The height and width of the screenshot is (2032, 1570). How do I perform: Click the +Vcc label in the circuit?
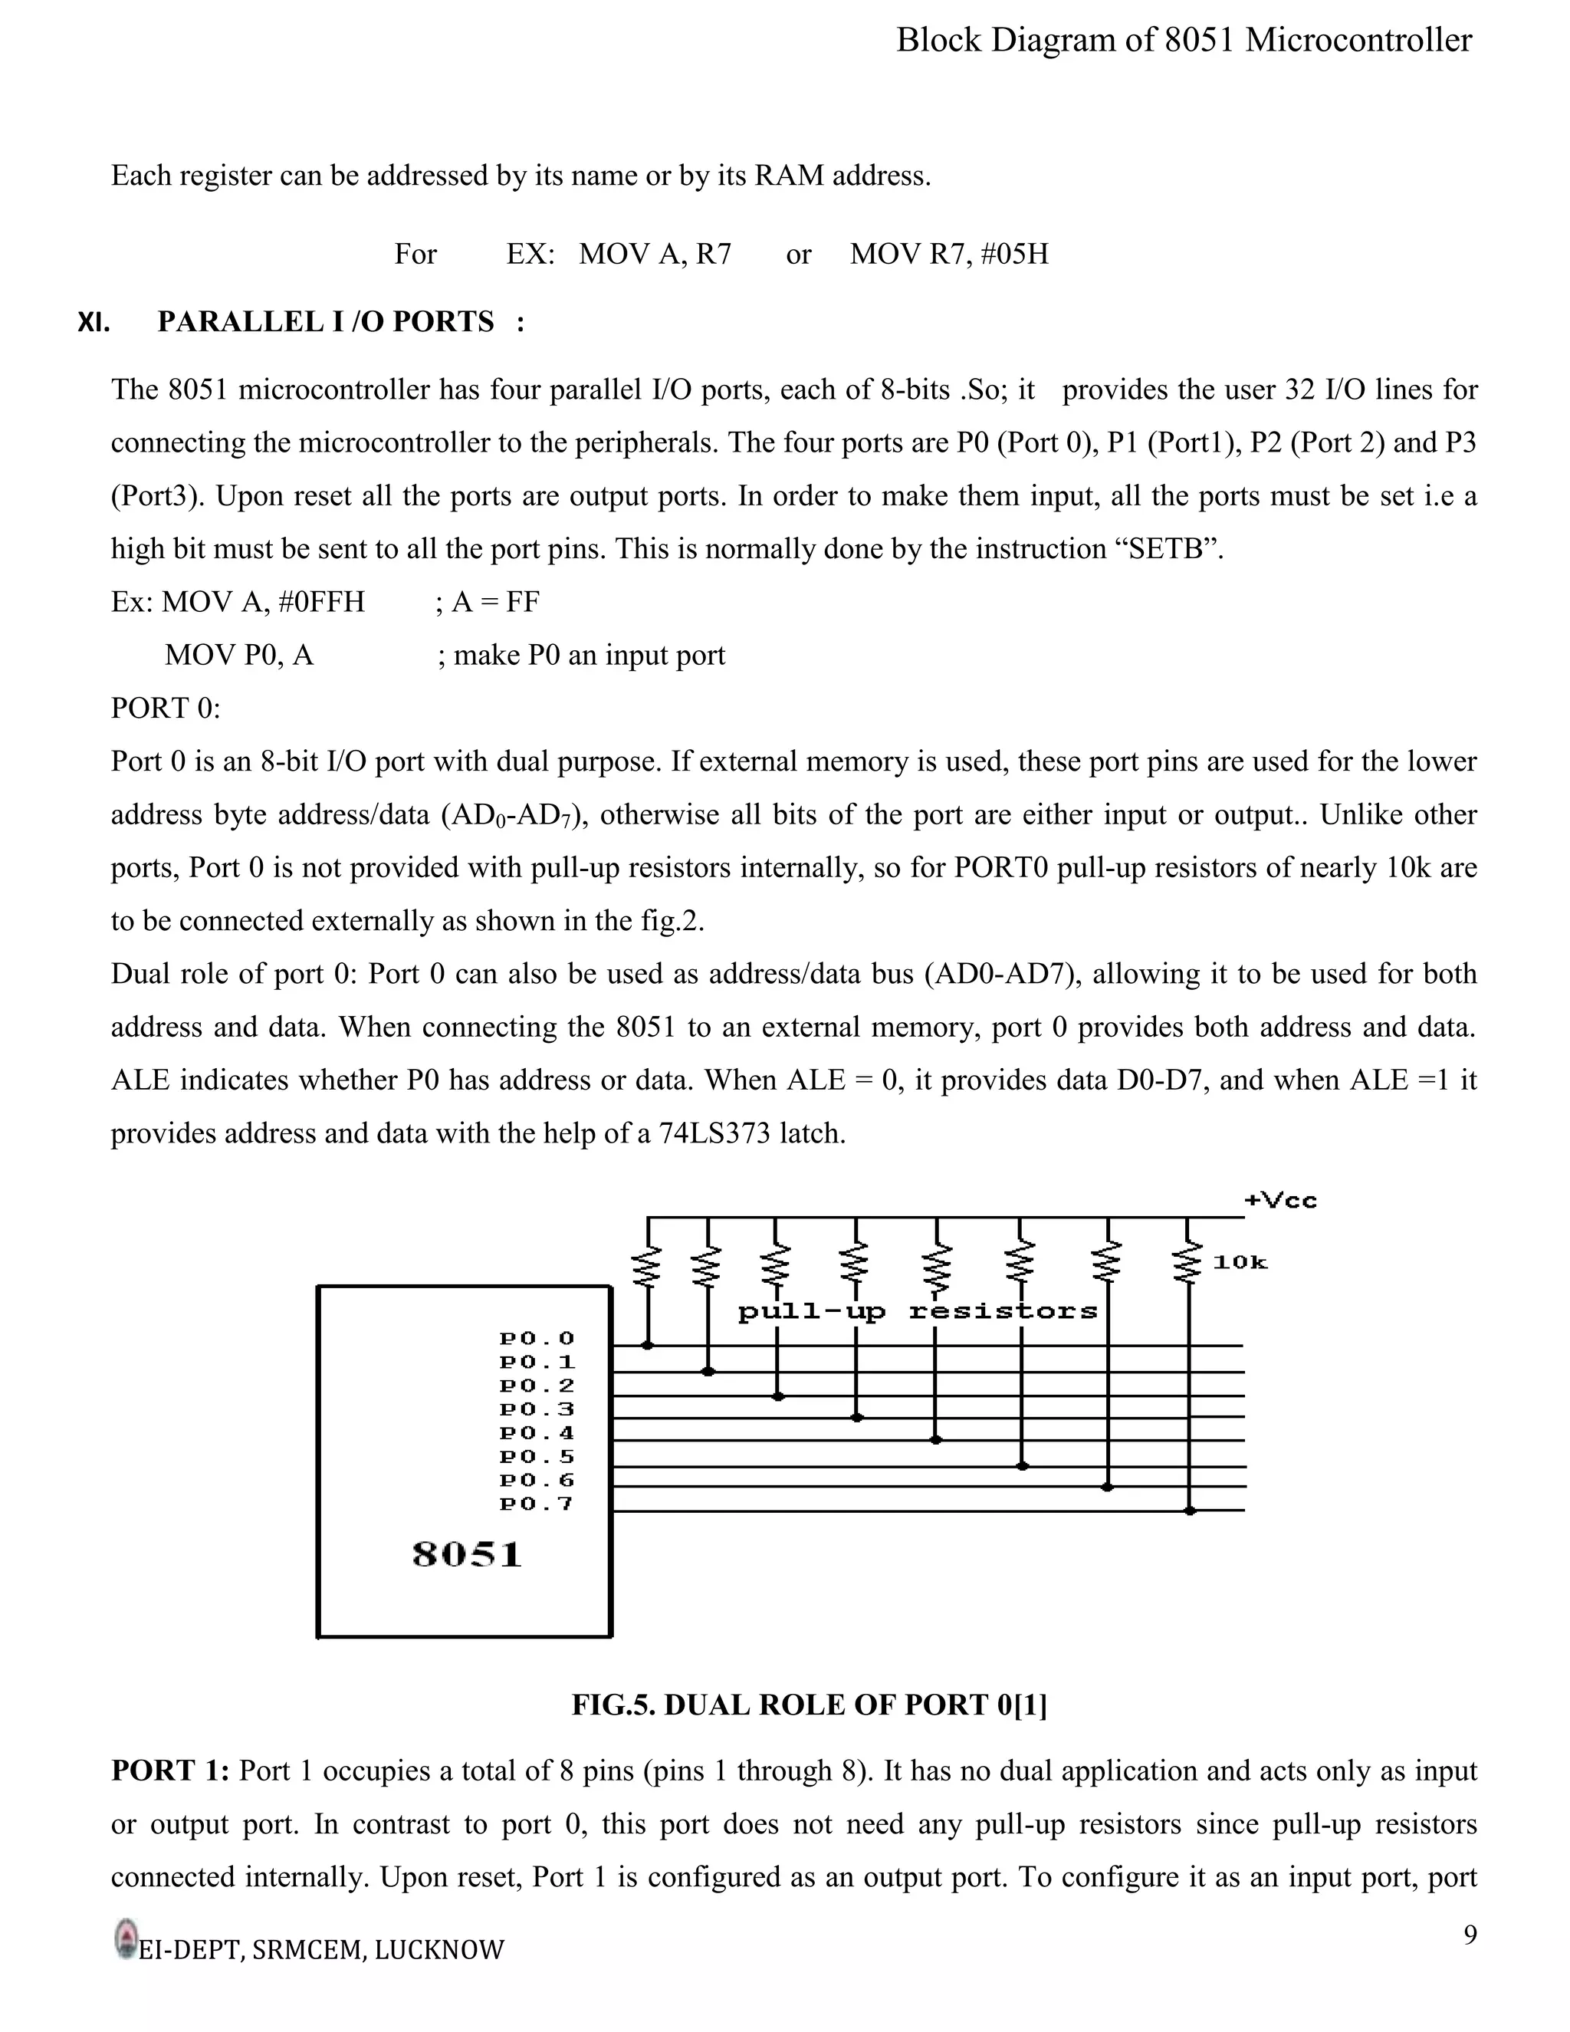pyautogui.click(x=1281, y=1200)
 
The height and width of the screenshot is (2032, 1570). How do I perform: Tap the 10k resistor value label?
pyautogui.click(x=1240, y=1263)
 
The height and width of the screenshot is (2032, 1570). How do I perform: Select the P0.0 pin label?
pyautogui.click(x=537, y=1339)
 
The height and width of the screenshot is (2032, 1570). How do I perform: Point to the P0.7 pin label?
pyautogui.click(x=537, y=1504)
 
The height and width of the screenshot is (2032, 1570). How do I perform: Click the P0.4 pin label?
pyautogui.click(x=537, y=1434)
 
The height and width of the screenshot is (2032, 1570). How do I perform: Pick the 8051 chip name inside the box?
pyautogui.click(x=467, y=1556)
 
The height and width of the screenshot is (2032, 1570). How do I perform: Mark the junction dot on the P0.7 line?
pyautogui.click(x=1190, y=1511)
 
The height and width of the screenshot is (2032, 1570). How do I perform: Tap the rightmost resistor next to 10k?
pyautogui.click(x=1187, y=1264)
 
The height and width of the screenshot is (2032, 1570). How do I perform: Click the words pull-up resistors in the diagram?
pyautogui.click(x=917, y=1312)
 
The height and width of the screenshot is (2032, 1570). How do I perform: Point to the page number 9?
pyautogui.click(x=1470, y=1935)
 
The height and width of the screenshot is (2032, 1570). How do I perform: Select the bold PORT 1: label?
pyautogui.click(x=169, y=1771)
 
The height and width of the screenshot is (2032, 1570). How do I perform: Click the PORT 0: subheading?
pyautogui.click(x=166, y=709)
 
